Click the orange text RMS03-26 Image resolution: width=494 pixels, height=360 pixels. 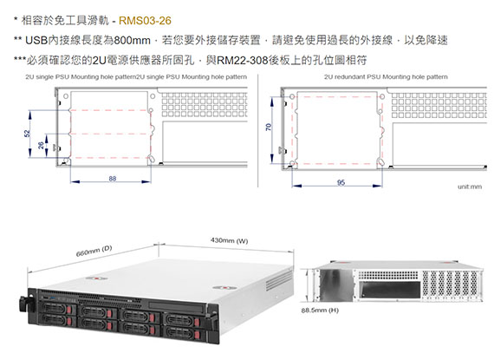pos(145,21)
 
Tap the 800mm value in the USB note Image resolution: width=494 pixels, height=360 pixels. pos(132,41)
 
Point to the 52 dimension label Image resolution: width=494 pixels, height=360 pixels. pos(28,134)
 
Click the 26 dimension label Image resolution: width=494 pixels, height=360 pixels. pos(41,146)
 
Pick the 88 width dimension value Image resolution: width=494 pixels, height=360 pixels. pos(113,179)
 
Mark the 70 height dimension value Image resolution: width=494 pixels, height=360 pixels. pos(268,128)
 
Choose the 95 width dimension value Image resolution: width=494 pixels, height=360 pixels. pos(341,182)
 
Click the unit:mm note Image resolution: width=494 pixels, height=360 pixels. pos(470,187)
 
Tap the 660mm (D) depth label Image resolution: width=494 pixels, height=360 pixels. pos(94,251)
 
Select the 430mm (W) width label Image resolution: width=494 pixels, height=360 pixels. pos(229,241)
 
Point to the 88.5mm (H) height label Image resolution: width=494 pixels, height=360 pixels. pos(320,311)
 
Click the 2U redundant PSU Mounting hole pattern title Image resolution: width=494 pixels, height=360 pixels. pos(386,77)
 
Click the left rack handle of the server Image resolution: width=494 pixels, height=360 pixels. pos(24,304)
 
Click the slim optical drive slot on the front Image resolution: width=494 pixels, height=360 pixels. pos(177,305)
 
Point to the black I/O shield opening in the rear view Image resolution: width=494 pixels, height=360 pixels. pos(390,290)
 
